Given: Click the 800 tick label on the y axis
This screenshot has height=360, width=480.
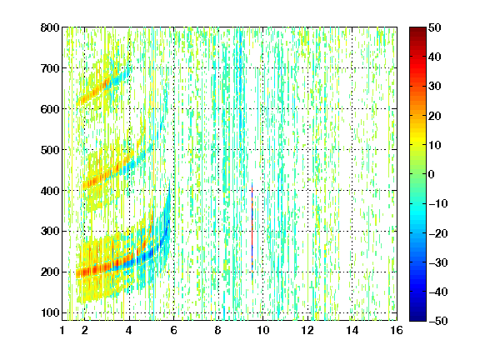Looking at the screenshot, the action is pos(50,27).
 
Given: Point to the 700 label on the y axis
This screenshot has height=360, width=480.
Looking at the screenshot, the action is pos(50,68).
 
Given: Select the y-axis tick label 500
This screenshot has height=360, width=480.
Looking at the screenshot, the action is pos(50,150).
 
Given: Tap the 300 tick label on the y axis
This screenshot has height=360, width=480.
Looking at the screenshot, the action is pos(50,232).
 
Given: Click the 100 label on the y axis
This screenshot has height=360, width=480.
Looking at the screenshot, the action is pos(50,312).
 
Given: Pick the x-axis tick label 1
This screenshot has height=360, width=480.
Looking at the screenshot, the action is pos(62,330).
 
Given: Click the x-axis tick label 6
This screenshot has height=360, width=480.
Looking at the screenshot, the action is pos(173,330).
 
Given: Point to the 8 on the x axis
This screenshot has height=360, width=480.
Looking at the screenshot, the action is pos(217,330).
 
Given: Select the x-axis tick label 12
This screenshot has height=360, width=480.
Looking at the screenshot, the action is pos(307,330).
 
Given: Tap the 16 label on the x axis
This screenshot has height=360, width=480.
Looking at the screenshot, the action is pos(397,330).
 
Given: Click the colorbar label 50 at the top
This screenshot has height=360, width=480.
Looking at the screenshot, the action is pos(434,27).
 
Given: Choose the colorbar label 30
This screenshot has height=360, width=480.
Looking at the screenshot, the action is pos(434,87).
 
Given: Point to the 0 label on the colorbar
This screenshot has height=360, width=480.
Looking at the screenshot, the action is pos(431,174).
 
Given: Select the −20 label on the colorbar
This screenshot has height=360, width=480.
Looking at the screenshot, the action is pos(438,233).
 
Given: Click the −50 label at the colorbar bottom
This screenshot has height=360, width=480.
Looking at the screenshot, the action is pos(438,321).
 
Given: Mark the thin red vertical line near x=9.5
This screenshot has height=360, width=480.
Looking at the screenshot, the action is pos(252,230).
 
